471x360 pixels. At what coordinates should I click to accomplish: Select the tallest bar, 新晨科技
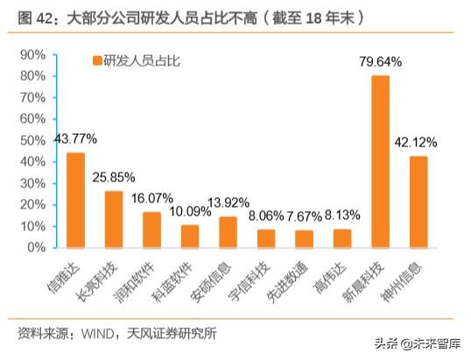coord(380,161)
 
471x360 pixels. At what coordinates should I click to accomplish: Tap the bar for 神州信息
coord(418,201)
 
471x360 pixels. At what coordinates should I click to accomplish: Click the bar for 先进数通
coord(304,238)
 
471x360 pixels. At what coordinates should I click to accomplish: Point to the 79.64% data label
coord(380,62)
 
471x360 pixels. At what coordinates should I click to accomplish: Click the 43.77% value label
coord(75,139)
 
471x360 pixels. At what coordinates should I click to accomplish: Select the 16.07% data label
coord(151,198)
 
